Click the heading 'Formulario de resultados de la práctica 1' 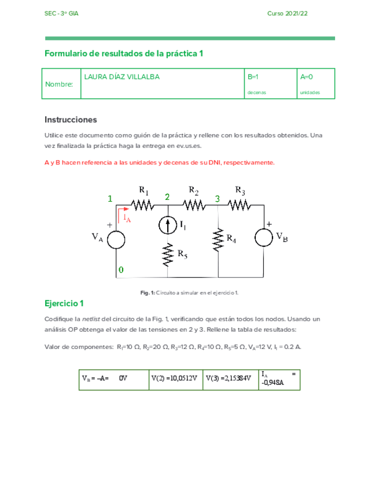(124, 53)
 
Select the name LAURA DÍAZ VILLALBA (122, 76)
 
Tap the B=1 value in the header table (253, 76)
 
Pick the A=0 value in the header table (306, 76)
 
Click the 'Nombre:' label (59, 84)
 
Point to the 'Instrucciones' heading (70, 120)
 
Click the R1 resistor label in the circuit (143, 191)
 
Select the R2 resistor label (194, 191)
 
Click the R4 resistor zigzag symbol (218, 239)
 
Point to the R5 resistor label (182, 253)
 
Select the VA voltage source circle (116, 239)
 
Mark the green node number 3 (218, 199)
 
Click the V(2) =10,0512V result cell (174, 378)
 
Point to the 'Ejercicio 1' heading (64, 303)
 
